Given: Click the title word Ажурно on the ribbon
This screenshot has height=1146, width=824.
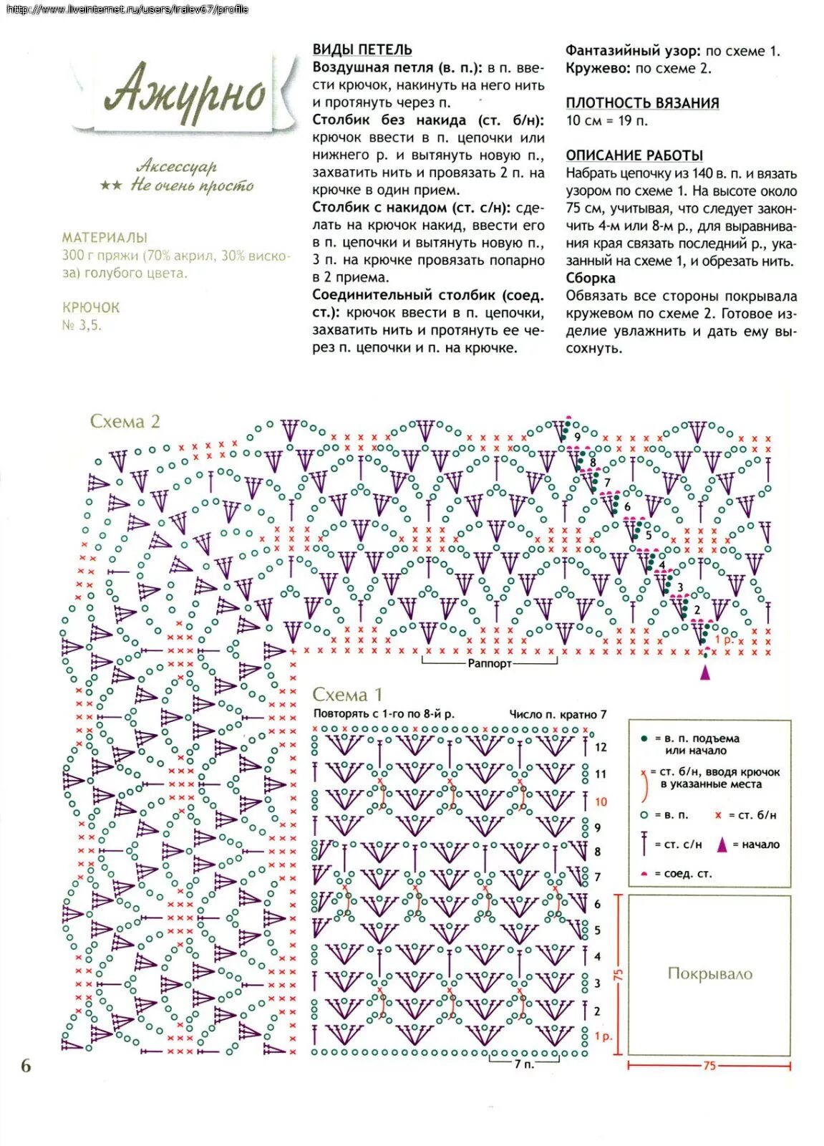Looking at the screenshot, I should [x=185, y=92].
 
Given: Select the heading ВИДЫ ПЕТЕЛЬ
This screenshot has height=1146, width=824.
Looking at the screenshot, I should [x=362, y=49].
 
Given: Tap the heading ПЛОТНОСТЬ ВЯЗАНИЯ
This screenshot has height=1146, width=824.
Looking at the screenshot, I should [x=642, y=103].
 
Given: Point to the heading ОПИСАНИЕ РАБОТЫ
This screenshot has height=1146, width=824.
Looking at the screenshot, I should [x=634, y=155].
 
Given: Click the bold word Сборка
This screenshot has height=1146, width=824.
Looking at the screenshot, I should [x=590, y=278].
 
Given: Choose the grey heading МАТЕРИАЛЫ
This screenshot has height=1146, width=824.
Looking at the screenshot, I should [x=105, y=237].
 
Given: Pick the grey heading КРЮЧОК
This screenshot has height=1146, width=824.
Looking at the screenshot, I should [x=91, y=307].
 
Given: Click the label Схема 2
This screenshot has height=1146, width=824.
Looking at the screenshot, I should [x=125, y=421].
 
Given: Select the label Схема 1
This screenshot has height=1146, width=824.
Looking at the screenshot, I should [x=347, y=694].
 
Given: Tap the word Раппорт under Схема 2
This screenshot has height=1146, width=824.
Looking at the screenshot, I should [x=490, y=663].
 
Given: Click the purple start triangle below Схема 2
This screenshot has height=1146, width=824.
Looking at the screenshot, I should [x=705, y=672].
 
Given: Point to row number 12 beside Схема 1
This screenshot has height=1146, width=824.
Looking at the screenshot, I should [x=600, y=747].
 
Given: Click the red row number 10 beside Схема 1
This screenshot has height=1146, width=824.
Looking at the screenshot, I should [x=600, y=801].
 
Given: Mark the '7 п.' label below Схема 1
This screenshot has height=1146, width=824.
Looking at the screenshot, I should [x=523, y=1064].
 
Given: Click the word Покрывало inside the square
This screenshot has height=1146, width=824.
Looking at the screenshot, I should [x=709, y=973].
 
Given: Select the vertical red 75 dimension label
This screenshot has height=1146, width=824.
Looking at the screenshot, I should [x=619, y=975].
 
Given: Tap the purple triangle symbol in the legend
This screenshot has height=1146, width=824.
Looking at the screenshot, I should [x=722, y=844].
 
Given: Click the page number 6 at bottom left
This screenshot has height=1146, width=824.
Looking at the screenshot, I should [x=26, y=1066].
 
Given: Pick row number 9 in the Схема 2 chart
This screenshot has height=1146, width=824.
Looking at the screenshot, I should [x=576, y=436].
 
